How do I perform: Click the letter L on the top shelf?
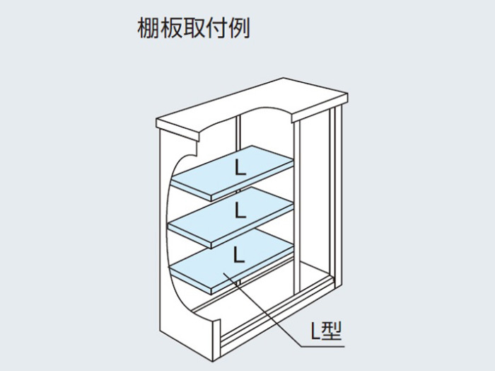coord(240,168)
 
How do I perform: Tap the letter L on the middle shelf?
coord(240,210)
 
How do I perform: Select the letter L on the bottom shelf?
coord(239,255)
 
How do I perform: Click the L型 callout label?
coord(326,331)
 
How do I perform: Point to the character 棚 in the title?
coord(147,28)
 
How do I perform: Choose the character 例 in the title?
coord(240,28)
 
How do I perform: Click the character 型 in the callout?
coord(332,331)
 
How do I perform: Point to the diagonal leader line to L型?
coord(262,309)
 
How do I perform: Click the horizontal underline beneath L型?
coord(322,347)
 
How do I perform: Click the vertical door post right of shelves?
coord(297,205)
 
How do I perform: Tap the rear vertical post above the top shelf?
coord(239,132)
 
